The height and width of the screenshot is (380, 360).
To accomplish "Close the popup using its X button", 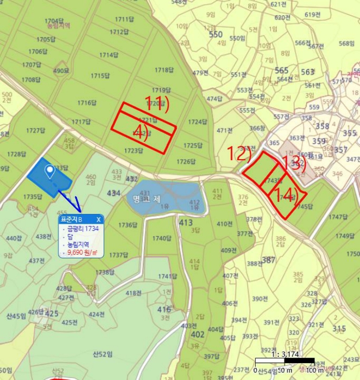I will [99, 219].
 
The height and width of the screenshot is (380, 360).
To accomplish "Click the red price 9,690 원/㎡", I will [81, 252].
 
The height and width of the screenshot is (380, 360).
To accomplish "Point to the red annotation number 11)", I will [157, 103].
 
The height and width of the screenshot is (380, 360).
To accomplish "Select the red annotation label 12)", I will [238, 154].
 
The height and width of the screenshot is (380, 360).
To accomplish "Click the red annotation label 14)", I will [287, 196].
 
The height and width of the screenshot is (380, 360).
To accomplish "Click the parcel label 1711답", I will [124, 19].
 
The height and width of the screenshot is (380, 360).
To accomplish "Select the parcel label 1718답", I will [163, 70].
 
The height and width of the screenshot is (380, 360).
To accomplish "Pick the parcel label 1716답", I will [87, 102].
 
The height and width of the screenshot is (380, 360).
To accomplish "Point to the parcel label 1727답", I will [35, 130].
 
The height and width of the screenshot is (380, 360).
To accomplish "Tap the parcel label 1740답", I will [162, 238].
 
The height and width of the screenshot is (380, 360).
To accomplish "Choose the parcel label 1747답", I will [338, 217].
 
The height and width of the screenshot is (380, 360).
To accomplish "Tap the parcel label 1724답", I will [198, 122].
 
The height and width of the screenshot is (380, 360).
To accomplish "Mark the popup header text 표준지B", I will [72, 219].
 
